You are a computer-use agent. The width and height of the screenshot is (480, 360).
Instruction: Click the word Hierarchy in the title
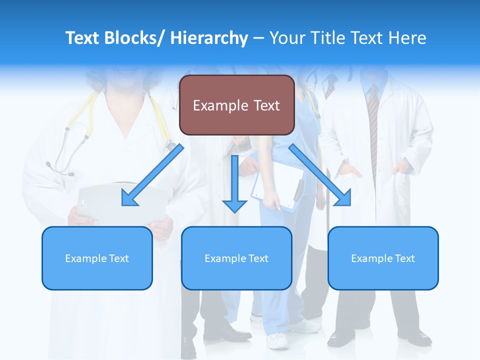[x=209, y=38]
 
